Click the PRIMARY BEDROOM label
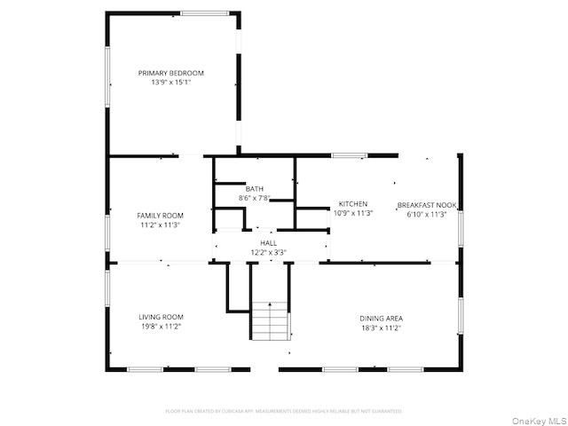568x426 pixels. click(170, 73)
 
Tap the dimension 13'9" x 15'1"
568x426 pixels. click(170, 82)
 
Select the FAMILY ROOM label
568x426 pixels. click(160, 216)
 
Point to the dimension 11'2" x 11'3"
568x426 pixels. click(160, 225)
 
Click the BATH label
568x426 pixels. click(255, 189)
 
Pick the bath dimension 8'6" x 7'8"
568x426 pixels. click(255, 198)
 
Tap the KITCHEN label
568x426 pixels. click(353, 204)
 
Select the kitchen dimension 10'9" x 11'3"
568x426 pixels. click(353, 213)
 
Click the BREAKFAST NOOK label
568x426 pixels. click(426, 204)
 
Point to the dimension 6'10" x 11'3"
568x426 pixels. click(426, 213)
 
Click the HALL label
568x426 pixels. click(267, 242)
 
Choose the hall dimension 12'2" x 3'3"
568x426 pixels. click(267, 251)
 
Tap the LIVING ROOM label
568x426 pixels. click(161, 317)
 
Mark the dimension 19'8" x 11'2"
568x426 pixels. click(161, 326)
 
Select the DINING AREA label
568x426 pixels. click(381, 318)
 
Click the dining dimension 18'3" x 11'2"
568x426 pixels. click(381, 327)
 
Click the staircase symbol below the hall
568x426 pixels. click(270, 320)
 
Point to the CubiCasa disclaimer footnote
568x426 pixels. click(284, 411)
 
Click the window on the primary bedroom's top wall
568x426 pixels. click(207, 12)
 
